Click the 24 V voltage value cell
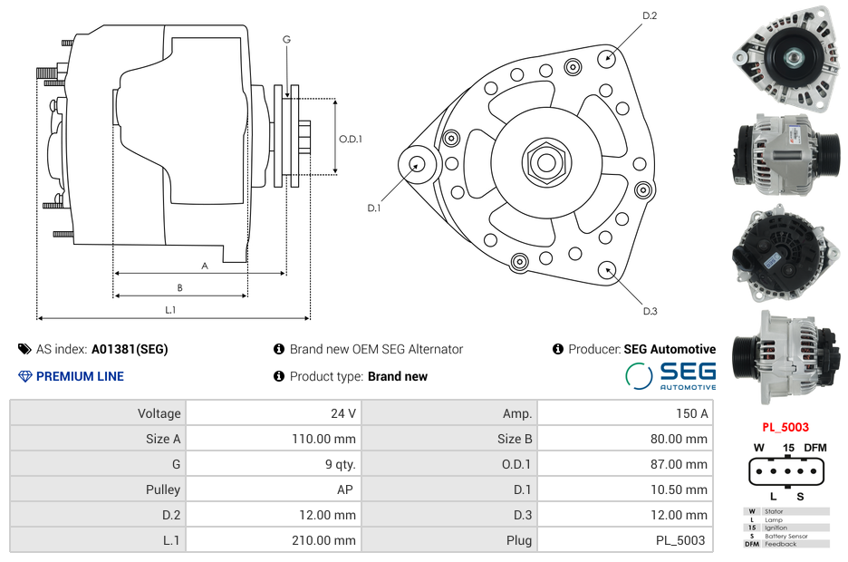[342, 413]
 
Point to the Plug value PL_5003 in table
[679, 540]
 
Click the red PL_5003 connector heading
[785, 427]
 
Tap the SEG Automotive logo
[671, 375]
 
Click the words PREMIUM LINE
[80, 376]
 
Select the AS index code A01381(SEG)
[130, 349]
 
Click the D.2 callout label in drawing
[650, 15]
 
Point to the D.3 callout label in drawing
[650, 311]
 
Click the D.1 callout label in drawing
[373, 208]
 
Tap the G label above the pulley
[286, 39]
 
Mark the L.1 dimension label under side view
[169, 310]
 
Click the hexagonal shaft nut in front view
[545, 162]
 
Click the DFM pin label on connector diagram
[815, 448]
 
